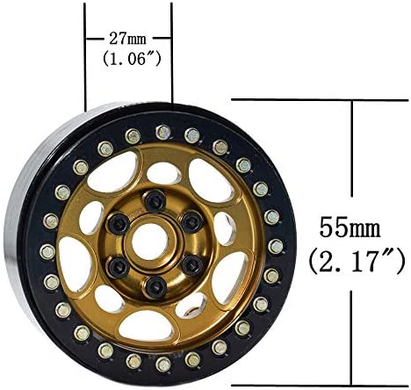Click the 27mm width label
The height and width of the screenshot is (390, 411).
coord(127,39)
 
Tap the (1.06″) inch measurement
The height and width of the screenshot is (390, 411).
coord(132,59)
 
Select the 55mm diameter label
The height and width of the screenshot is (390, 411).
coord(350,227)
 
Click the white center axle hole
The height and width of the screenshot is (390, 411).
coord(150,242)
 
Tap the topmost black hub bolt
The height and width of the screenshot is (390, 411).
coord(155,201)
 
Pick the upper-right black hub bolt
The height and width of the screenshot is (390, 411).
coord(191,222)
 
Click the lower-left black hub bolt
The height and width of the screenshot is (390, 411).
coord(119,267)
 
